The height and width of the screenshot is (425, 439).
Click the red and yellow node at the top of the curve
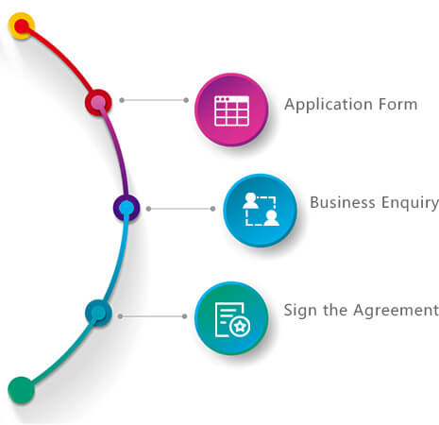tap(22, 25)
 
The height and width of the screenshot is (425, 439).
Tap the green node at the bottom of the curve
tap(21, 390)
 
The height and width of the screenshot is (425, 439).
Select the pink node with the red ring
tap(98, 102)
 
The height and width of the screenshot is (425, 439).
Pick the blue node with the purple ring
tap(127, 208)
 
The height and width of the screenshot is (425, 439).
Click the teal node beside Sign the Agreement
tap(98, 313)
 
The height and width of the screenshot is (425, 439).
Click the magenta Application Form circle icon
tap(231, 110)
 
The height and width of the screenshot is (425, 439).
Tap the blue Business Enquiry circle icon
tap(261, 211)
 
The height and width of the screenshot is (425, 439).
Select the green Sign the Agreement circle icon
tap(231, 318)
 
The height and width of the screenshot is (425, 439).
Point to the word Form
tap(398, 104)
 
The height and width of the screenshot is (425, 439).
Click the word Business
tap(343, 202)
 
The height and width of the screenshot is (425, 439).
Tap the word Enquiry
tap(410, 203)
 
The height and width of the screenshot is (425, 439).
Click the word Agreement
tap(396, 311)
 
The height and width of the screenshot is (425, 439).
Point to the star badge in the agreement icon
tap(240, 327)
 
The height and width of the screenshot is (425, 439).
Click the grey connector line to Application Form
tap(154, 100)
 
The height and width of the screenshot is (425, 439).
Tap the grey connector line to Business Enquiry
tap(180, 209)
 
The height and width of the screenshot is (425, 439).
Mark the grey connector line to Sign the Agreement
tap(152, 316)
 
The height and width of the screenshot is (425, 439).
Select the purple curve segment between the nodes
tap(118, 149)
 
